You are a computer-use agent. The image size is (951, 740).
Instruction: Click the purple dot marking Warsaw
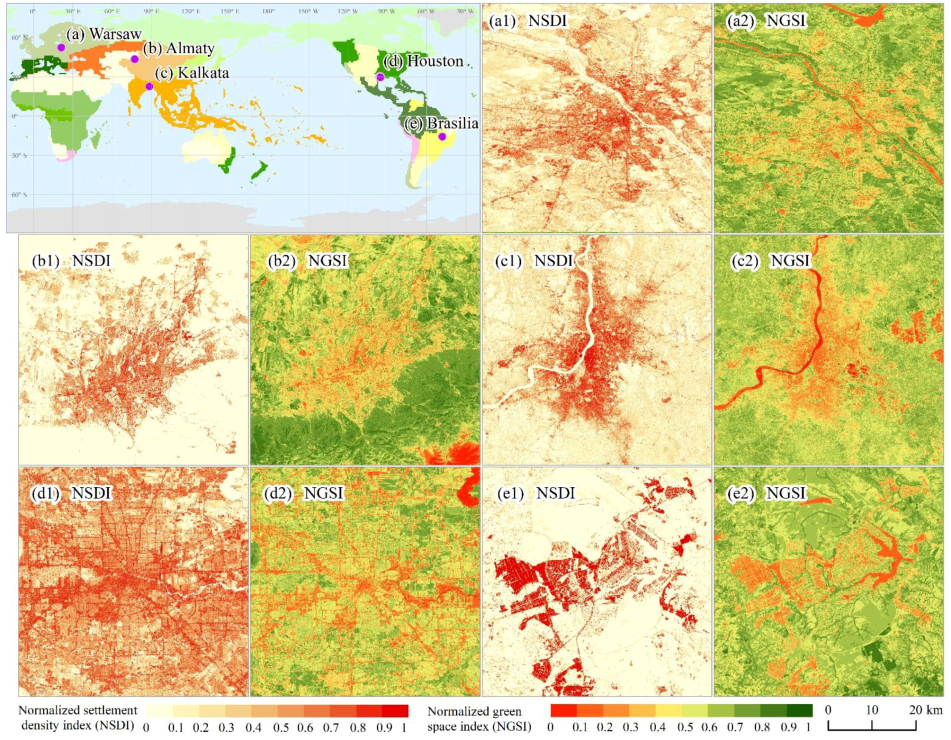pos(61,47)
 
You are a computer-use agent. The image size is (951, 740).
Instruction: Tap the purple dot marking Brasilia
pos(442,136)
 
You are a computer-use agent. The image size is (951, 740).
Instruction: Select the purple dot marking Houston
pos(380,77)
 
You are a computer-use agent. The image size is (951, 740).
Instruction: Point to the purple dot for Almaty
pos(135,59)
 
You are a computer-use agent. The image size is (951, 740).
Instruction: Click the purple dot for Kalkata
pos(149,86)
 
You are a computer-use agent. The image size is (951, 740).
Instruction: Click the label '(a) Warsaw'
pos(104,34)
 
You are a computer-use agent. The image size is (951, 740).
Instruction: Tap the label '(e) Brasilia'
pos(441,123)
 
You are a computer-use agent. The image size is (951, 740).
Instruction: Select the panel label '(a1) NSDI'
pos(527,21)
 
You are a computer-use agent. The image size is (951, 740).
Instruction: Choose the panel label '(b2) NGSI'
pos(307,261)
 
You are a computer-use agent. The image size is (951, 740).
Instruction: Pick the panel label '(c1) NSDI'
pos(534,261)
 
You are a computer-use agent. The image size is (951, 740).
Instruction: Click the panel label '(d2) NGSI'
pos(303,493)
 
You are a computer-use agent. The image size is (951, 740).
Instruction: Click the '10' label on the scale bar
pos(872,710)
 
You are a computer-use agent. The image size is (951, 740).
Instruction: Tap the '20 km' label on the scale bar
pos(925,710)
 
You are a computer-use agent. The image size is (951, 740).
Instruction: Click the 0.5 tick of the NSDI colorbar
pos(280,728)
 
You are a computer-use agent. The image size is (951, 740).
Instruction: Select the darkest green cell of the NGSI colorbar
pos(799,711)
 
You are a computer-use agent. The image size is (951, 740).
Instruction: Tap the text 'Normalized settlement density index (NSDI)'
pos(78,718)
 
